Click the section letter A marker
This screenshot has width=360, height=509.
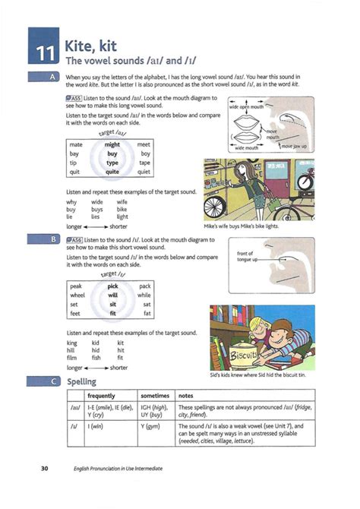click(52, 77)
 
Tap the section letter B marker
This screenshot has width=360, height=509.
click(52, 239)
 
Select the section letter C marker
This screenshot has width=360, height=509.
click(52, 381)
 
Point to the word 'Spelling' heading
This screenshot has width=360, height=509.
click(82, 381)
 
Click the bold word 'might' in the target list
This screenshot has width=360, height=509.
click(112, 144)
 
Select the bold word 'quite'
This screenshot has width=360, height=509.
click(112, 171)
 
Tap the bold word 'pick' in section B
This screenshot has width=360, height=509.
click(112, 286)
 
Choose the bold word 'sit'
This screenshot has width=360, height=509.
click(112, 304)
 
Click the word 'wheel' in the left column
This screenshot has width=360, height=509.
click(77, 295)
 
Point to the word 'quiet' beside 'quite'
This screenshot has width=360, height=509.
click(144, 171)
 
